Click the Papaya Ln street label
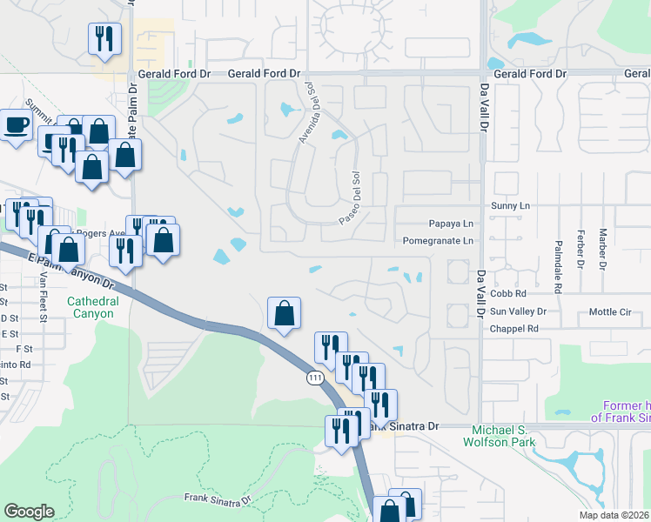click(450, 223)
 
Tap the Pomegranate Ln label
click(439, 241)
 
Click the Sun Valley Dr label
click(518, 311)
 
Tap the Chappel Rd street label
click(513, 329)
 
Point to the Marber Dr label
click(601, 248)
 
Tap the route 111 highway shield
click(314, 378)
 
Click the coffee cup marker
click(15, 125)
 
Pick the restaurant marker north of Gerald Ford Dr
click(104, 39)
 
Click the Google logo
click(29, 512)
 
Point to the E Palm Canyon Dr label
click(82, 269)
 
